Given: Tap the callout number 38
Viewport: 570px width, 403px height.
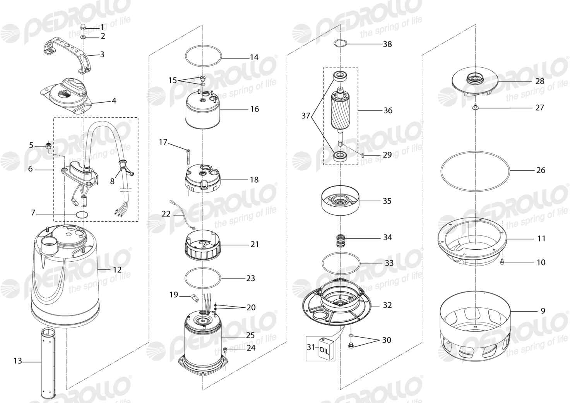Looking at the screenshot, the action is [x=387, y=44].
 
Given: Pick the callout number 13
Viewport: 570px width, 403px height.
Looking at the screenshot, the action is [x=18, y=361].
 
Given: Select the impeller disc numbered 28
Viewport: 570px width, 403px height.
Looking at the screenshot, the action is [x=475, y=84].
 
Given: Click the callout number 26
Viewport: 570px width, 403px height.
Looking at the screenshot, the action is [x=541, y=170].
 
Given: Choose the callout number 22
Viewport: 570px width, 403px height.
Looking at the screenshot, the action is [x=166, y=214].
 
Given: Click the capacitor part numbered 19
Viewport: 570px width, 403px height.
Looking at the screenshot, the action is [x=194, y=297].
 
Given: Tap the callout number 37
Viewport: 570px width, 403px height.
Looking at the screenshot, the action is [x=306, y=116].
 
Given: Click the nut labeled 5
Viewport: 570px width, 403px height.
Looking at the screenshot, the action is [x=48, y=146].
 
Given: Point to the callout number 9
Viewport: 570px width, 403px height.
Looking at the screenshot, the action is [x=543, y=311].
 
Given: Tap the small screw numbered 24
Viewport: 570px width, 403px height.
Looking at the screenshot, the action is [x=225, y=350].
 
